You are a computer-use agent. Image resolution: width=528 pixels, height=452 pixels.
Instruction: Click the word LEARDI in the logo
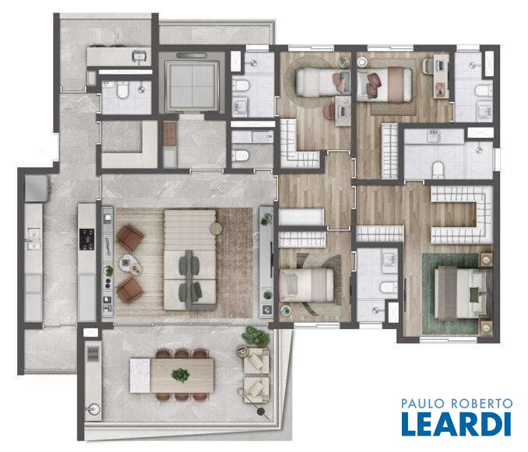456,424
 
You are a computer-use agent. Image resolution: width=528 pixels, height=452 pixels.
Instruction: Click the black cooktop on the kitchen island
86,240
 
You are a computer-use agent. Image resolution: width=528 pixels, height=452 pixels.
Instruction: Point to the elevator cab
192,84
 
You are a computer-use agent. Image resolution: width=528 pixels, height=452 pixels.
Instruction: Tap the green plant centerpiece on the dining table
181,375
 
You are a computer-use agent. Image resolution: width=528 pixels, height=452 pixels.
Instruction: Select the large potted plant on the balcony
255,335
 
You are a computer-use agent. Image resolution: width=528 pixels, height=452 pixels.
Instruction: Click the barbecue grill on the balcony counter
93,354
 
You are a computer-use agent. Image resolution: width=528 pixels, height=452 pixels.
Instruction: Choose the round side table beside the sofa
216,229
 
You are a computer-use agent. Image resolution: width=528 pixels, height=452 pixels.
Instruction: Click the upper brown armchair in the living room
130,238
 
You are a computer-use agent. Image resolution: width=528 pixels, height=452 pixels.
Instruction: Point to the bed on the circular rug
319,82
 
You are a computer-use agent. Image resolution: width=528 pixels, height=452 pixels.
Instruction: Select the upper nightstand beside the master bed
485,259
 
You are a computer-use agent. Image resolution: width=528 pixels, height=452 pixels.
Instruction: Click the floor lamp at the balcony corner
260,411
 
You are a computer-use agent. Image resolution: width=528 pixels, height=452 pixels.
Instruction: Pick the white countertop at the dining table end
140,375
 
